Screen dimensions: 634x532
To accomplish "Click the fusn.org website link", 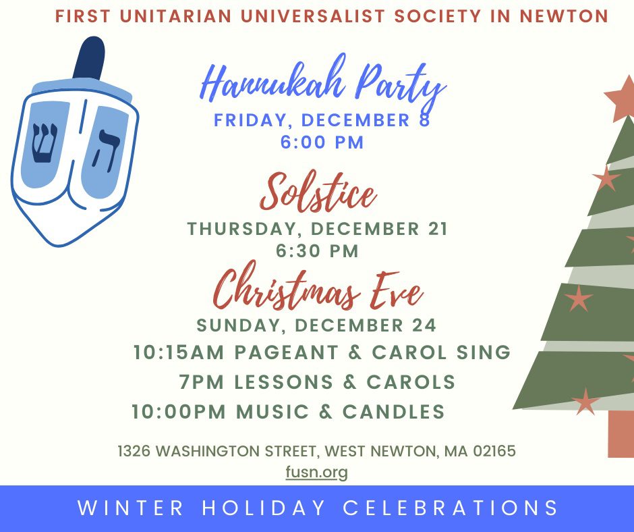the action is [316, 472].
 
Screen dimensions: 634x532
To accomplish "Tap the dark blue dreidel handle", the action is [89, 58].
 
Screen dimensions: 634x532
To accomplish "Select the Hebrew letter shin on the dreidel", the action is [45, 143].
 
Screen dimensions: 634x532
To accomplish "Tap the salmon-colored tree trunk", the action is [621, 433].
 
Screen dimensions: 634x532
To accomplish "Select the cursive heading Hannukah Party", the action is [324, 84].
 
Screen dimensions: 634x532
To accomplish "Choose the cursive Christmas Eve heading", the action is [318, 289].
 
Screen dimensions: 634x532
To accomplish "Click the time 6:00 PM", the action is [322, 142].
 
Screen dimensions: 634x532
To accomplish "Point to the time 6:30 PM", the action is [318, 251].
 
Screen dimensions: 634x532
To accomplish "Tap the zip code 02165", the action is [494, 451].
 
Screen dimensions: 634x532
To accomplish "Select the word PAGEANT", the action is [286, 352].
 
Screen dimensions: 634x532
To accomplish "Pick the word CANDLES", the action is [394, 412].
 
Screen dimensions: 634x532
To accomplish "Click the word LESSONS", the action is [284, 382].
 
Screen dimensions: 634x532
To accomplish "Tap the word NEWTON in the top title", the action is [564, 16].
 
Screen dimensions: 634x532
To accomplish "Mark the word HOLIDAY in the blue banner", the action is [264, 508].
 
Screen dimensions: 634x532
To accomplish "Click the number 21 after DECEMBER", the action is [438, 229].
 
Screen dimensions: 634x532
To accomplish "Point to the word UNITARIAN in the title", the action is [176, 16].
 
